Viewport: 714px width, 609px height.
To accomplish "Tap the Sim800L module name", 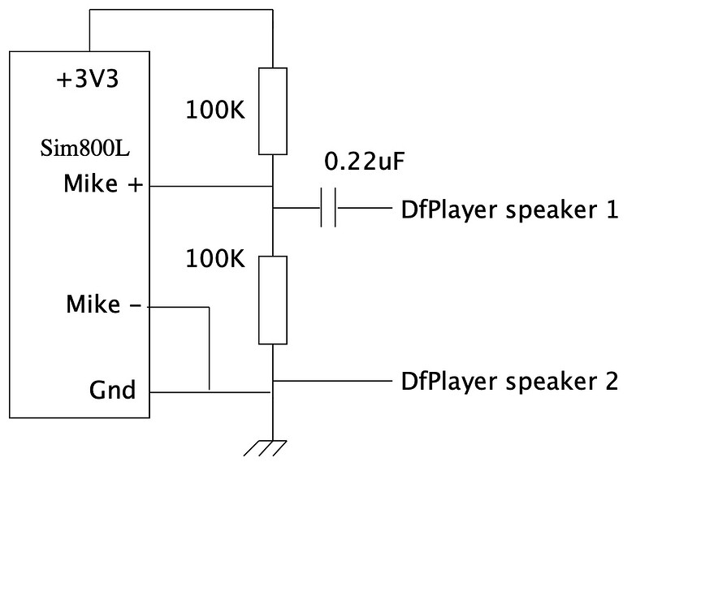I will (86, 149).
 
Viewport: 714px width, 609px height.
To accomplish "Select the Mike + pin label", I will (103, 185).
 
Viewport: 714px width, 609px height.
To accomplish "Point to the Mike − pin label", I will (104, 305).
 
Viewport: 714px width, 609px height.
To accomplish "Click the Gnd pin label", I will (112, 391).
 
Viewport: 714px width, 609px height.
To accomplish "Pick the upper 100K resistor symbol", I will (273, 111).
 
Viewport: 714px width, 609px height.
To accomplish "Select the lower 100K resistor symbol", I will (273, 300).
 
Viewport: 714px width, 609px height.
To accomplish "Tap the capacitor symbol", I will (328, 209).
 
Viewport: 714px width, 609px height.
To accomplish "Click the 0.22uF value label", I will (364, 162).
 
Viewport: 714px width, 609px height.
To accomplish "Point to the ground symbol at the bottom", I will (266, 447).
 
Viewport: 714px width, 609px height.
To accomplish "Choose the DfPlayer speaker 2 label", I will (509, 380).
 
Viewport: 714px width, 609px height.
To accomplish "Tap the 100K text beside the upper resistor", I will (215, 110).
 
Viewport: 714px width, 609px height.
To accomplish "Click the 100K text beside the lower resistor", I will (215, 259).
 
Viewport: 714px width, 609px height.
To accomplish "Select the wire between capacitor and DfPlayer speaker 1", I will (363, 209).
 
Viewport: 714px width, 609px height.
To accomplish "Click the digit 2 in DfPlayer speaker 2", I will (611, 380).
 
